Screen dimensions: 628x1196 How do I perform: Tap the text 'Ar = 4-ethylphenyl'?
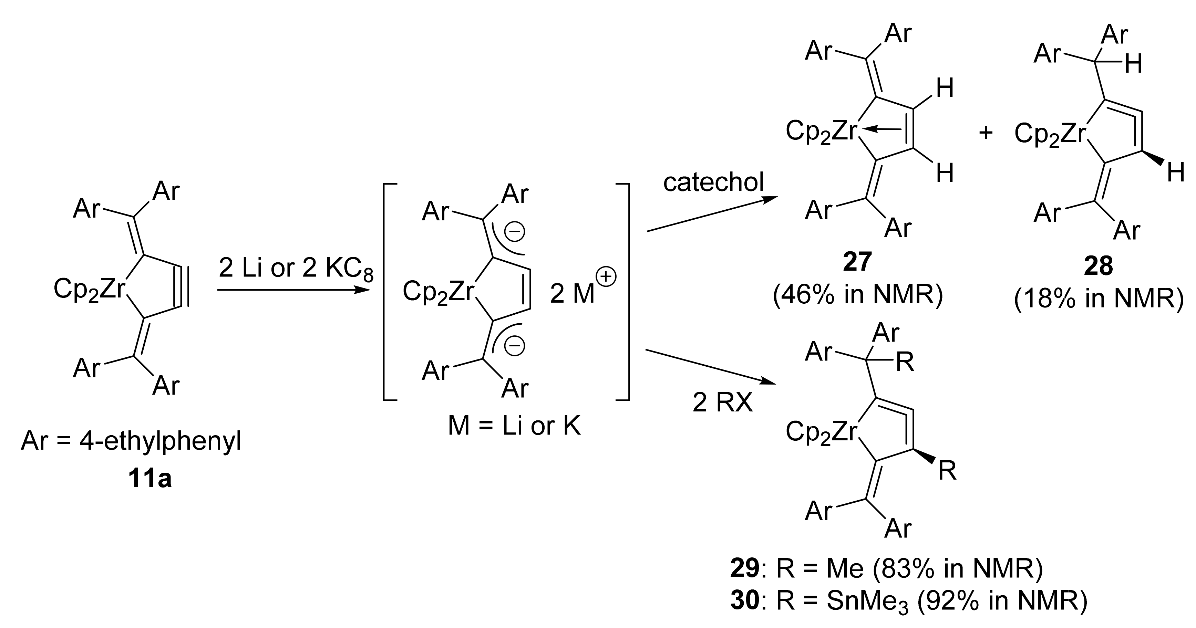[131, 442]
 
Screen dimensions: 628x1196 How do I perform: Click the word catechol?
[713, 182]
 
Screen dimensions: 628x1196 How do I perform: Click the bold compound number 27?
[857, 262]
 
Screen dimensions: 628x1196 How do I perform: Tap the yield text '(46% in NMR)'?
[857, 296]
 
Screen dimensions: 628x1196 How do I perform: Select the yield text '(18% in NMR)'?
[1099, 300]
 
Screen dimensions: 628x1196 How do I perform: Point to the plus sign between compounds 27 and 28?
[985, 133]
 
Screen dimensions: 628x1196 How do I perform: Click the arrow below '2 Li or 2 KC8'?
[292, 291]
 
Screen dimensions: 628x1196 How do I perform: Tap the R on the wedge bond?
[947, 471]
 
